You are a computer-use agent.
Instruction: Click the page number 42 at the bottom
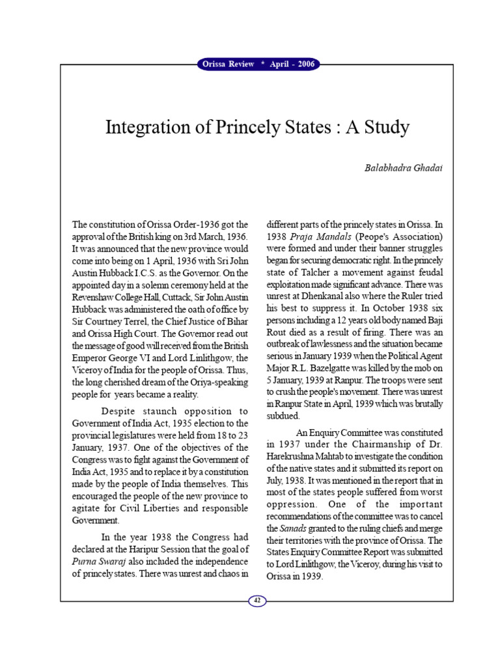[x=257, y=601]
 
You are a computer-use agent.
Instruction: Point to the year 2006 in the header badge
[x=303, y=64]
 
